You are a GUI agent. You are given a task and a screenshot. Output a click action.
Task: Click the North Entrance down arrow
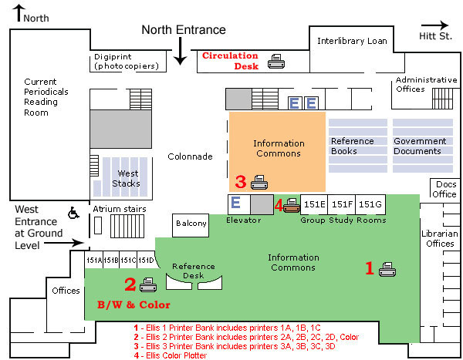180,51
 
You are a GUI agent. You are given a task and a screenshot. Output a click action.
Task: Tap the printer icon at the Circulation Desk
275,60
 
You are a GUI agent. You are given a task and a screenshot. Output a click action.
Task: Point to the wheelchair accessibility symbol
73,211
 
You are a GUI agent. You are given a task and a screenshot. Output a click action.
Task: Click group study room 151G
370,204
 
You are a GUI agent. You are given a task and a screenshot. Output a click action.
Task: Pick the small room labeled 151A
93,261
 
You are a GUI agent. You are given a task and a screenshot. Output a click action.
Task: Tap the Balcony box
191,224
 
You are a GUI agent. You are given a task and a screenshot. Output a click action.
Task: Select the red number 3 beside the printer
240,182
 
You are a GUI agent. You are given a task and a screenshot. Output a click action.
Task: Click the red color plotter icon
291,204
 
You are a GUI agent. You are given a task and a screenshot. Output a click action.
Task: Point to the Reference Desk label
193,271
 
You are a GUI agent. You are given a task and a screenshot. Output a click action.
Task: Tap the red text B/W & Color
133,304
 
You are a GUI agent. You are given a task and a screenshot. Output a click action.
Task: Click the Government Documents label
420,146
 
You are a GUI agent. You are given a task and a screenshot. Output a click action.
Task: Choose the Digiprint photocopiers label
127,62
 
